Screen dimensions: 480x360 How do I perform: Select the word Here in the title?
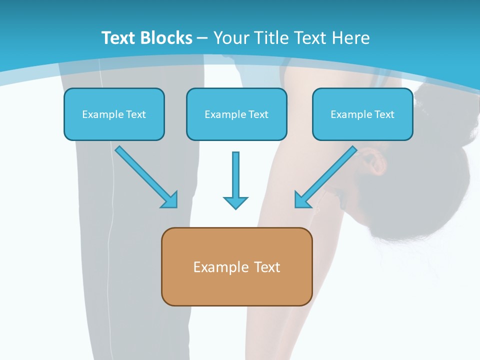tap(351, 38)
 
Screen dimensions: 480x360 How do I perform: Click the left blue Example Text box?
tap(114, 114)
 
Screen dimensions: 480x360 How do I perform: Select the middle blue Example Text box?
tap(236, 114)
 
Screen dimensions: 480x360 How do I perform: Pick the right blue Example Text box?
tap(363, 114)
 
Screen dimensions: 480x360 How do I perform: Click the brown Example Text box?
tap(237, 266)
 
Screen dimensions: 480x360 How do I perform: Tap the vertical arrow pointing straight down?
tap(235, 180)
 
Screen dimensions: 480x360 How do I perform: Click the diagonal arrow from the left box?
tap(146, 177)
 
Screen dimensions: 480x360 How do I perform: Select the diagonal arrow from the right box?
tap(325, 177)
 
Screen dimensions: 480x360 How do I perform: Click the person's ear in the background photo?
tap(371, 161)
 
